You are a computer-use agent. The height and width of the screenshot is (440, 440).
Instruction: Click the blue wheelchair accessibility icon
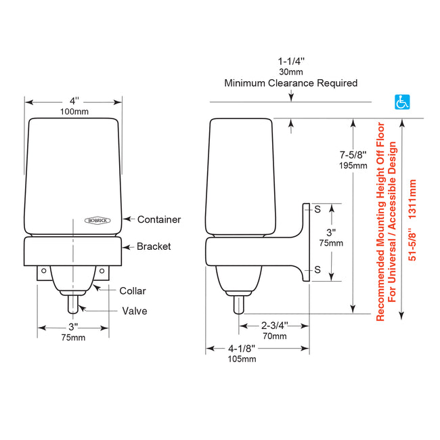click(x=402, y=102)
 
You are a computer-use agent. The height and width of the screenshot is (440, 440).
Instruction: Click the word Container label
click(x=159, y=219)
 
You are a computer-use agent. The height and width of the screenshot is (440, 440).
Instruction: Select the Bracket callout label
click(x=154, y=246)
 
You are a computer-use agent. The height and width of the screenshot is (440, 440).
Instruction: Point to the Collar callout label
click(x=133, y=291)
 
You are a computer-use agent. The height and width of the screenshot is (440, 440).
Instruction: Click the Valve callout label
click(x=134, y=311)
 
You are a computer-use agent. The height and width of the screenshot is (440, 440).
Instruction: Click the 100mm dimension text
click(x=73, y=111)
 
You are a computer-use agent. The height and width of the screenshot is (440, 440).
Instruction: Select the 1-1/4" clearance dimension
click(x=291, y=60)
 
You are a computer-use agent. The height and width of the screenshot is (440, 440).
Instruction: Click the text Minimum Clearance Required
click(x=291, y=83)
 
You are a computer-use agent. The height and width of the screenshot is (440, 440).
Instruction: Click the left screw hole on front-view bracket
click(x=44, y=271)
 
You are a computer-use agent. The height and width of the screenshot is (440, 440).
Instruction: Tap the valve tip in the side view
click(x=238, y=306)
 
